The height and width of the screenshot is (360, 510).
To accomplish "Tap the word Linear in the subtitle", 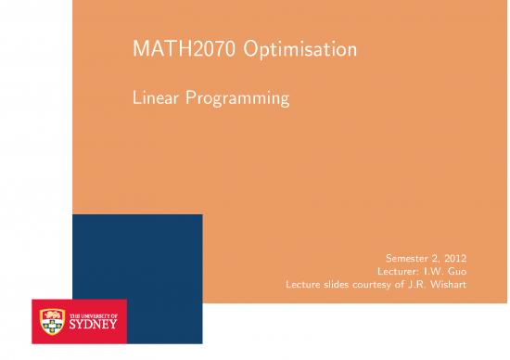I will pos(157,96).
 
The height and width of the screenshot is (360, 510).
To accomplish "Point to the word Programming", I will pos(238,97).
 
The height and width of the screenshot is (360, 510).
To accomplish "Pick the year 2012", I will pos(461,256).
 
